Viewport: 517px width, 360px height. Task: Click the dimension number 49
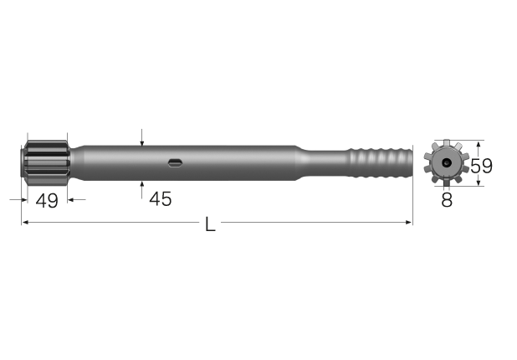[x=47, y=201]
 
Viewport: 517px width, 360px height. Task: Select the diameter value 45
[x=160, y=199]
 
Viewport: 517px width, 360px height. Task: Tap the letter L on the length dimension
[x=210, y=224]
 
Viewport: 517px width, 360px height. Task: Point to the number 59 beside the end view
[x=481, y=165]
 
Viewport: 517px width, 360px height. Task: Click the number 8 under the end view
[x=447, y=200]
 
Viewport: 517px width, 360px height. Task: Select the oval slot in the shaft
[x=176, y=162]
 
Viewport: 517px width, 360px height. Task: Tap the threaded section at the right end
[x=381, y=162]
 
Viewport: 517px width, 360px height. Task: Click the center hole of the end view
[x=447, y=162]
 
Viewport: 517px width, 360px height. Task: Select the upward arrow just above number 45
[x=143, y=183]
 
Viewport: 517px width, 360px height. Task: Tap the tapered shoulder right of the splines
[x=77, y=162]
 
